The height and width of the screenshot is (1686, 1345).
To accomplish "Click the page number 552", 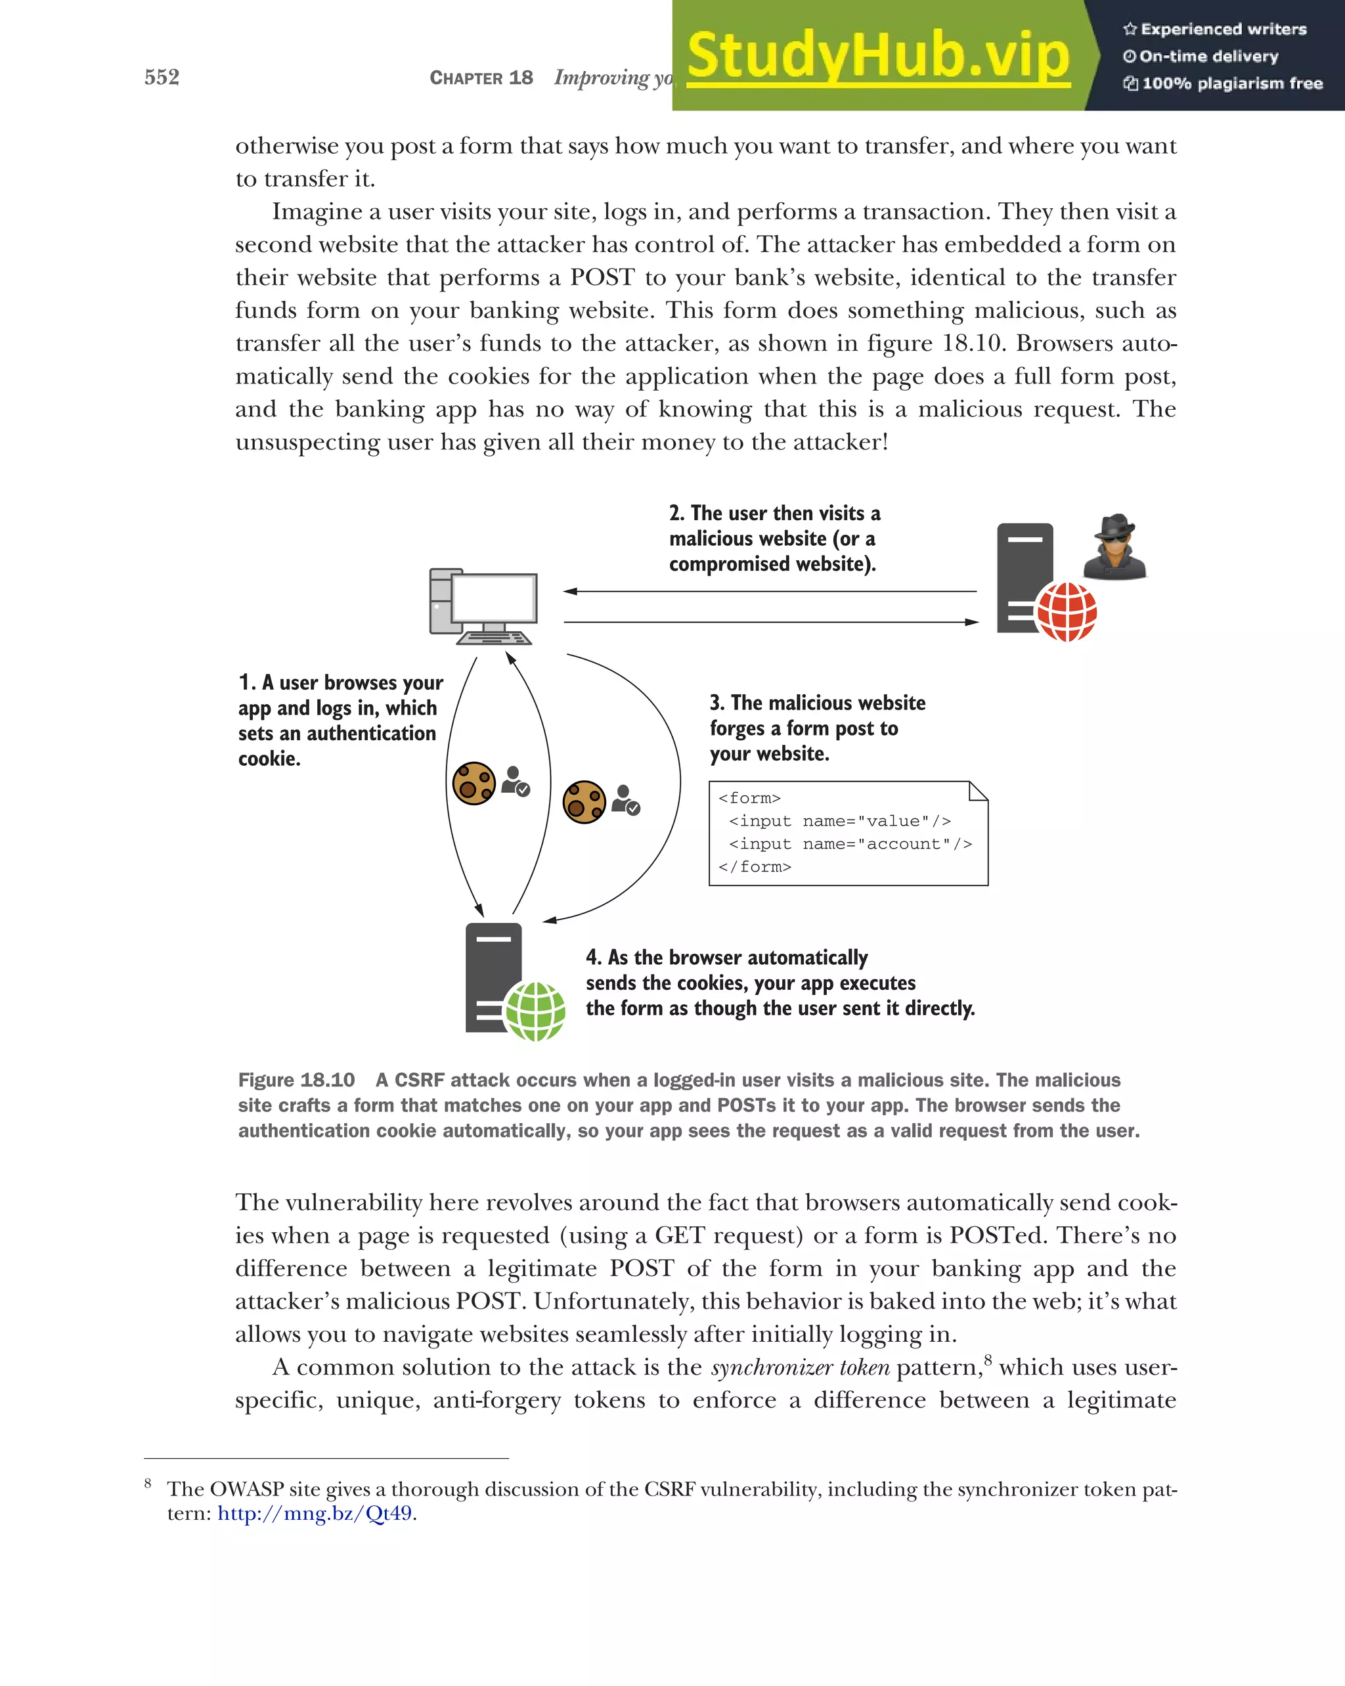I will [162, 77].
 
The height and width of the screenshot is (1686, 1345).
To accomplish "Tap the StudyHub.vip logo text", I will [878, 56].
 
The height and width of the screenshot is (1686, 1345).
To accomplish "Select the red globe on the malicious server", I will [1066, 611].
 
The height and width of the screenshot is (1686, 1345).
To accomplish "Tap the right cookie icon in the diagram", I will [584, 801].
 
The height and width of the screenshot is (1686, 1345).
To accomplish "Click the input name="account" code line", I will [850, 844].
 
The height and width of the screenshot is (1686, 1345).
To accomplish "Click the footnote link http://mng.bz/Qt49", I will [315, 1513].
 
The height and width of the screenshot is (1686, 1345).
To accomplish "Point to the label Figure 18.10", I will [296, 1080].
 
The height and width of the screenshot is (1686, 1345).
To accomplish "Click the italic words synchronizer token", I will [800, 1367].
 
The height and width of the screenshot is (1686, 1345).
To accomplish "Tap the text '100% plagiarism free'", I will [1231, 83].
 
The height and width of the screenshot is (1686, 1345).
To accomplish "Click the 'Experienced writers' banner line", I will [1223, 30].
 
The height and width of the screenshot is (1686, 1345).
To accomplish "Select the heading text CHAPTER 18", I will [481, 78].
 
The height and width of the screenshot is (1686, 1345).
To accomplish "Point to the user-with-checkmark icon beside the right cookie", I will [626, 800].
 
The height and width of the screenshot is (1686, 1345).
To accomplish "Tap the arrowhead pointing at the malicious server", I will [972, 623].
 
